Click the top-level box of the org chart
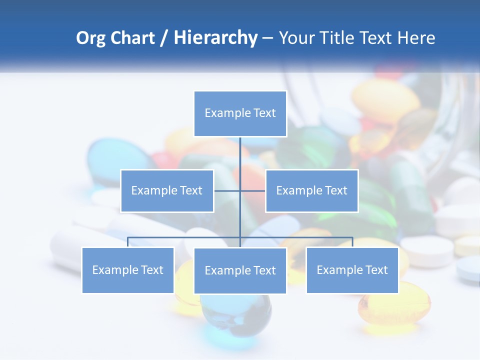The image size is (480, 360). [x=240, y=113]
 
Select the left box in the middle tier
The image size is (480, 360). [x=167, y=190]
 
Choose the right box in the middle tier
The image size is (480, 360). [x=311, y=190]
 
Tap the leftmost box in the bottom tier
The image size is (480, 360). [x=128, y=270]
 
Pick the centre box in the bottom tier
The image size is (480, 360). [x=240, y=270]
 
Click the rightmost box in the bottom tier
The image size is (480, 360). [x=352, y=270]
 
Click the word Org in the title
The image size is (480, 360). [x=90, y=38]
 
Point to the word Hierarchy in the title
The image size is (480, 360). [x=215, y=38]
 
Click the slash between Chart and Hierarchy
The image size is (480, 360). [x=164, y=38]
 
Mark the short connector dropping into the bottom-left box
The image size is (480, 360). [x=128, y=242]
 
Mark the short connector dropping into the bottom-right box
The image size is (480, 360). [x=352, y=242]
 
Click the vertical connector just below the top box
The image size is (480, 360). [x=240, y=150]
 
